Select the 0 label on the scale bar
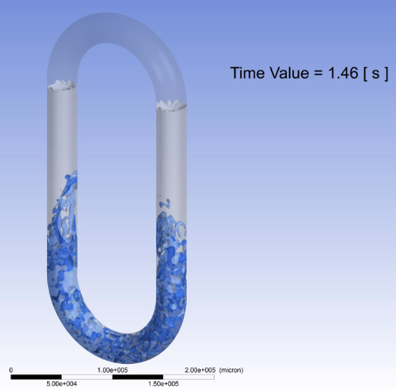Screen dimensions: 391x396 coord(11,370)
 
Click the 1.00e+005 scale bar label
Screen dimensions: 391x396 coord(113,370)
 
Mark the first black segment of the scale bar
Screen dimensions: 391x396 coord(37,377)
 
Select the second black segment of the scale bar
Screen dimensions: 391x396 coord(138,377)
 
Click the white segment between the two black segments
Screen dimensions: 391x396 coord(87,377)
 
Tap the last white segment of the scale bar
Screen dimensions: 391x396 coord(188,377)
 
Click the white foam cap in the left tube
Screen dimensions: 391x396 coord(63,86)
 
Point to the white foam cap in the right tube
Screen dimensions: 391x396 coord(172,106)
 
